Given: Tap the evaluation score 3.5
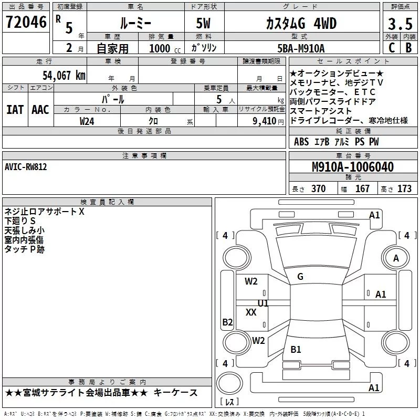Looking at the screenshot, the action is [x=400, y=24].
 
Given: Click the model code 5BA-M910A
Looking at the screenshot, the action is [x=301, y=48].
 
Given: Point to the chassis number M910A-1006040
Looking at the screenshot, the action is [x=352, y=167].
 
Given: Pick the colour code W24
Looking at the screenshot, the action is [x=87, y=121].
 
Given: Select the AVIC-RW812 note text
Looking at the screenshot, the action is [x=26, y=166].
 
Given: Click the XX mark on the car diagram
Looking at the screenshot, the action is [x=251, y=312].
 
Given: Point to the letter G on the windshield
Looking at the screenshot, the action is [x=300, y=277].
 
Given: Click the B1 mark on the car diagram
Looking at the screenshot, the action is [x=296, y=350].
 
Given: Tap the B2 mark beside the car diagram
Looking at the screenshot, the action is [x=227, y=322].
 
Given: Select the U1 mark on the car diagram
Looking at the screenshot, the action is [x=263, y=303].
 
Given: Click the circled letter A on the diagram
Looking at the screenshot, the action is [x=396, y=258].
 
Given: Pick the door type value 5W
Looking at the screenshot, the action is [x=204, y=24].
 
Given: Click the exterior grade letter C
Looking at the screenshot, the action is [x=392, y=48].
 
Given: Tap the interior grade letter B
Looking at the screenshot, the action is [x=408, y=48].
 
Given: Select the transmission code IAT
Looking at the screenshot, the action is [x=15, y=109].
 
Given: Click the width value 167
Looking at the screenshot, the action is [x=363, y=188].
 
